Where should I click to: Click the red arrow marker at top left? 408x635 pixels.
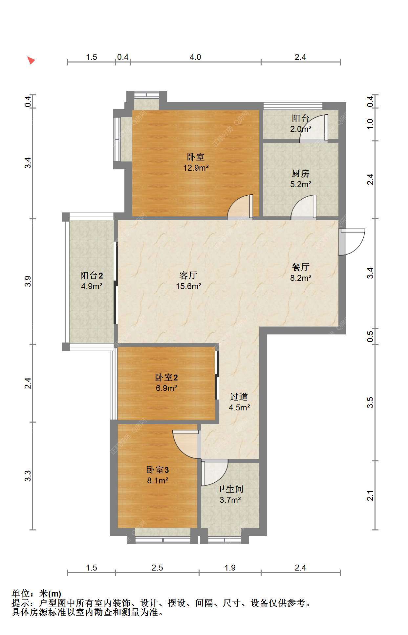click(x=31, y=60)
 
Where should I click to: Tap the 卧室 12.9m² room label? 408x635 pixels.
click(x=196, y=162)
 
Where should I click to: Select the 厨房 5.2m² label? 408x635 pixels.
click(x=301, y=179)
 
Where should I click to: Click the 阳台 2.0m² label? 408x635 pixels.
click(x=301, y=123)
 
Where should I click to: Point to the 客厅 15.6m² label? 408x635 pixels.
click(x=189, y=281)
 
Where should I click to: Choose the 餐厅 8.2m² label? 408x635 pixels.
click(x=301, y=272)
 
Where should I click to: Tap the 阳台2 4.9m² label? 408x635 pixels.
click(x=92, y=281)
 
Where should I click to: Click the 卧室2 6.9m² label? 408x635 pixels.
click(x=167, y=382)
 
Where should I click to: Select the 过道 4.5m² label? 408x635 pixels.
click(x=239, y=402)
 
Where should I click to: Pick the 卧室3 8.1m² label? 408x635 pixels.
click(x=158, y=475)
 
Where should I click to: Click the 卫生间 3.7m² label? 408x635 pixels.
click(x=230, y=494)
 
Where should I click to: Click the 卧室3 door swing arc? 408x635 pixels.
click(x=186, y=444)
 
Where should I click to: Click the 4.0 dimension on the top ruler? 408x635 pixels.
click(x=195, y=57)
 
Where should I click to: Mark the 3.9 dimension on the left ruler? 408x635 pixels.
click(x=28, y=281)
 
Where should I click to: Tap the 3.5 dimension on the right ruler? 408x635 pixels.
click(x=370, y=403)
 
